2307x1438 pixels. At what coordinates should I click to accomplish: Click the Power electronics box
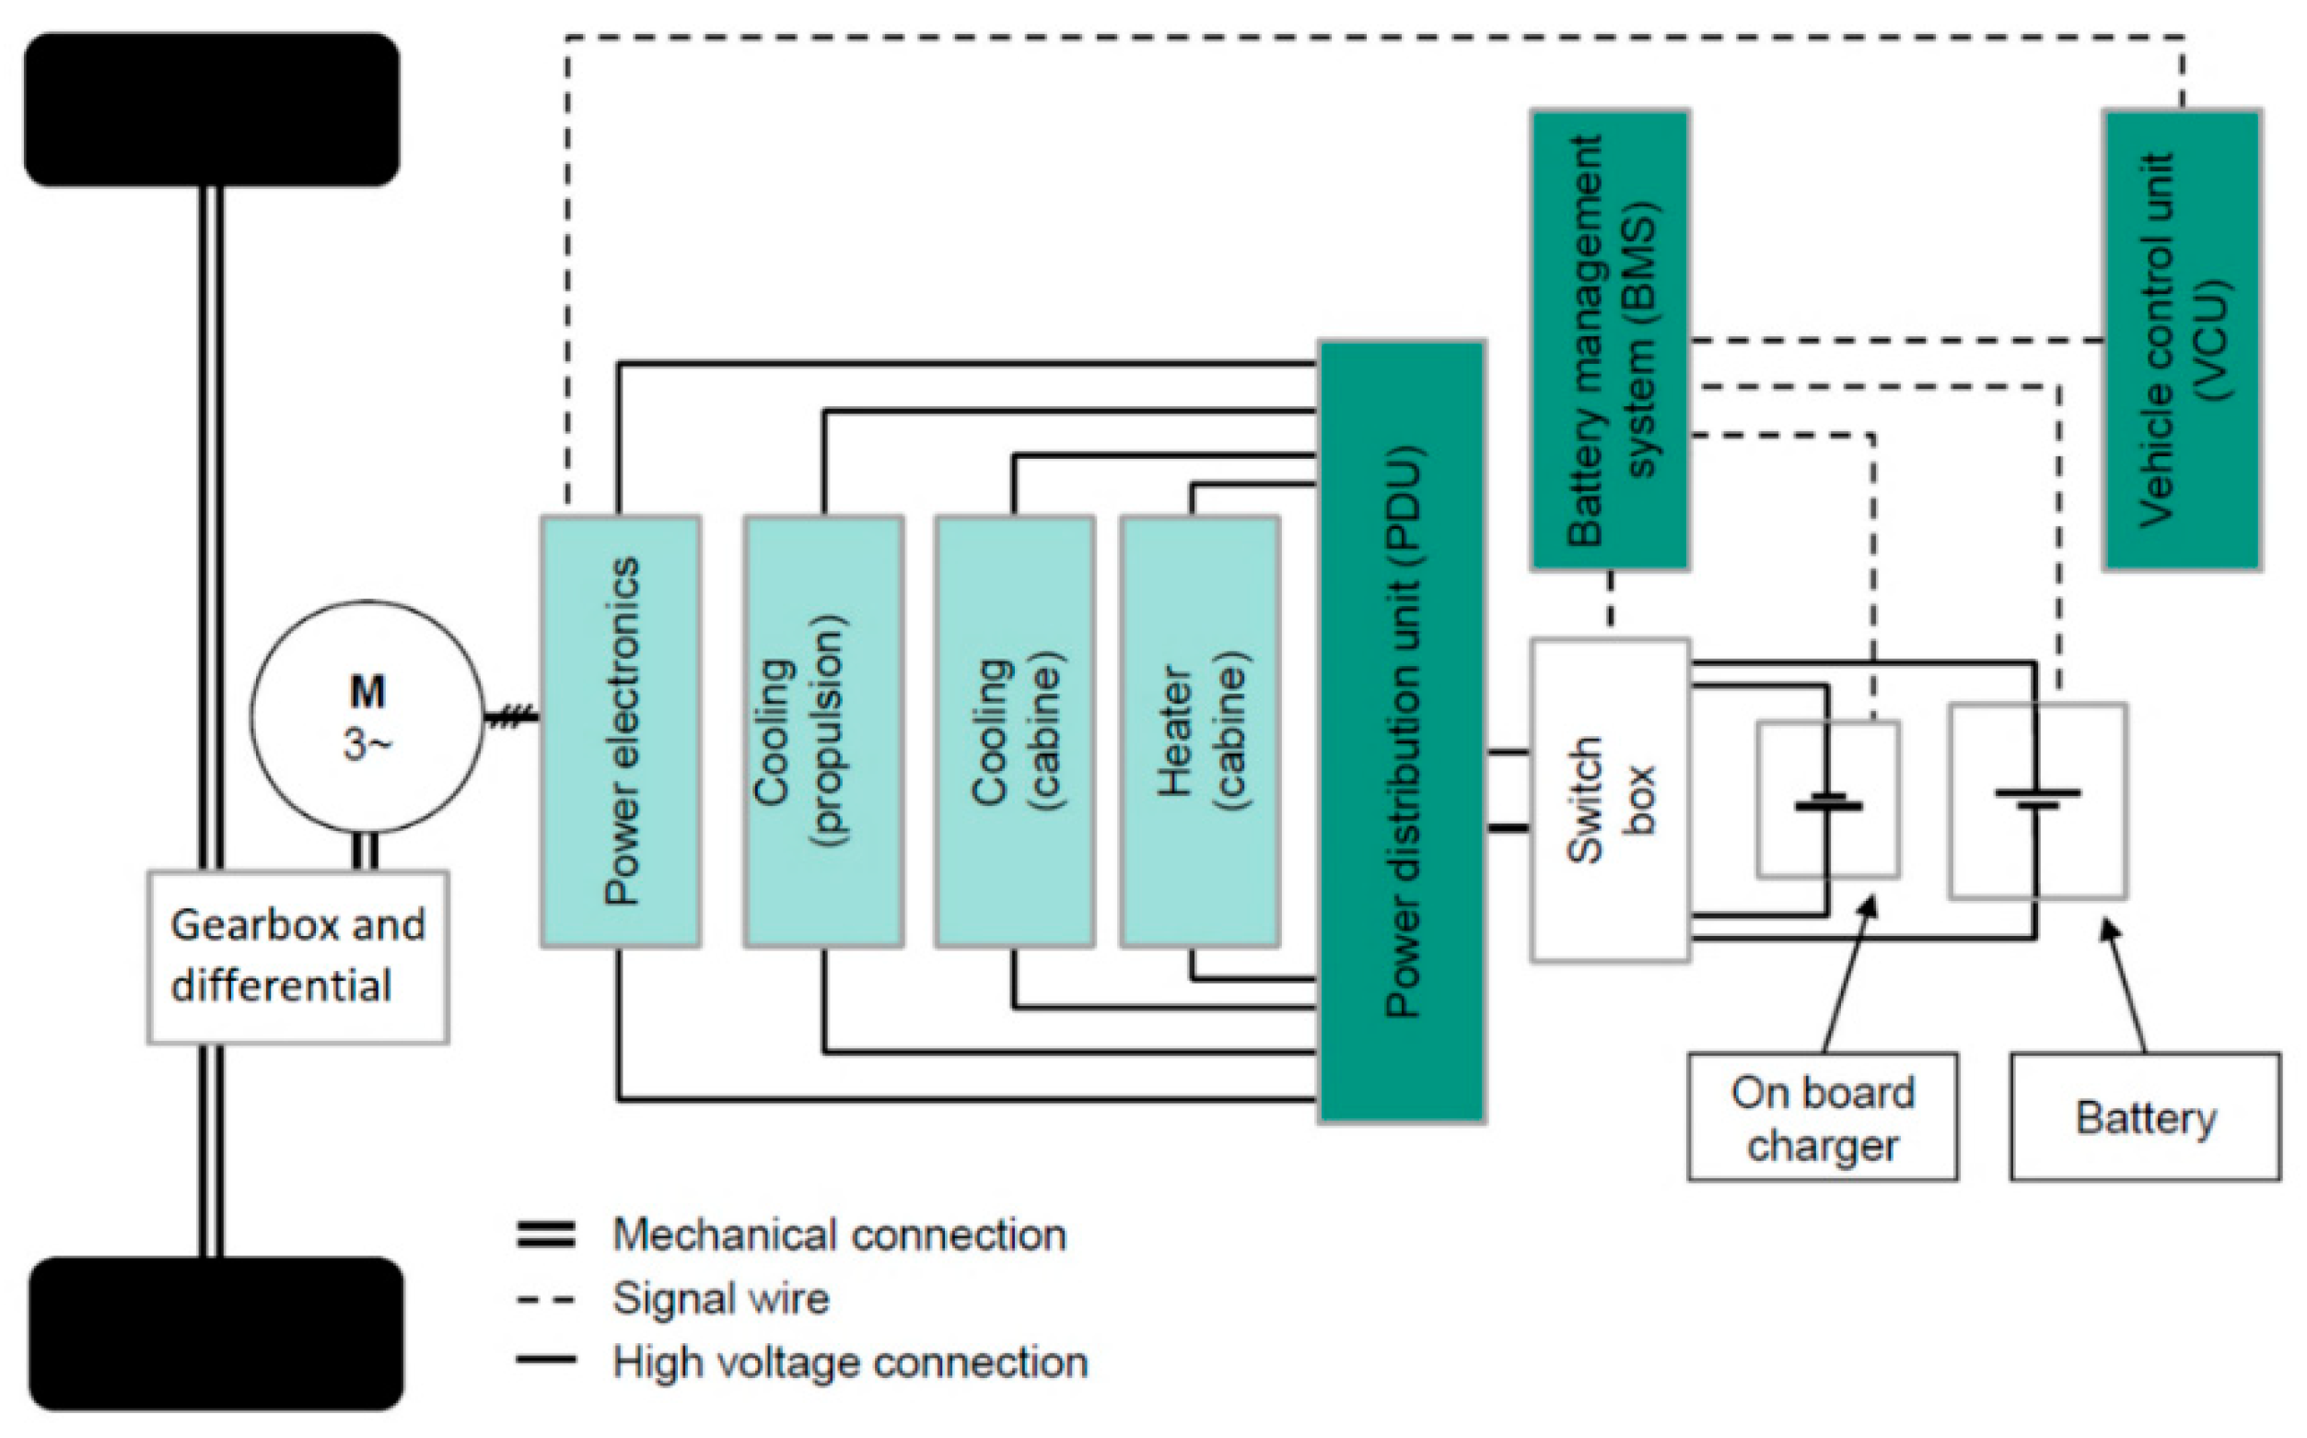[621, 731]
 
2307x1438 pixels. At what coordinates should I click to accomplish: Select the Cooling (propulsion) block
[823, 731]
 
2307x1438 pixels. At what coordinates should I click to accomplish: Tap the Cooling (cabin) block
[1014, 731]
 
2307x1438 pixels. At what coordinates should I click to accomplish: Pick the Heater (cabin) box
[1200, 731]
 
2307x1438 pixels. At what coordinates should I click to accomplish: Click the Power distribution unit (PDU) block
[1401, 731]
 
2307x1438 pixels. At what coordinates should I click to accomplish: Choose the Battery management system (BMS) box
[1609, 340]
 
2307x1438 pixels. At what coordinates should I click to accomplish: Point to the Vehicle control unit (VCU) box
[2182, 340]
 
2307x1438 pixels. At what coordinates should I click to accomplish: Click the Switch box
[1609, 800]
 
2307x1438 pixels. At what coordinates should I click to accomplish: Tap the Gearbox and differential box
[297, 957]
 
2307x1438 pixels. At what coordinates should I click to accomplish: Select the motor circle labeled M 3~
[367, 716]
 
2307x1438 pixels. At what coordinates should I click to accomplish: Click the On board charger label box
[1823, 1117]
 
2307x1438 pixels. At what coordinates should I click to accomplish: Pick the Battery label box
[2145, 1117]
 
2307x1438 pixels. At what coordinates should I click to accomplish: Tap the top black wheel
[211, 110]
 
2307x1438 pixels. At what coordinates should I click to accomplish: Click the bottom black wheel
[216, 1333]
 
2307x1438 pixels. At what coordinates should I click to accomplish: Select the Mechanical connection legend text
[839, 1234]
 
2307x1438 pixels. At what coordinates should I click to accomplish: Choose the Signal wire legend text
[720, 1298]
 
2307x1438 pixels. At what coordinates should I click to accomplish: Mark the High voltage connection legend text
[850, 1362]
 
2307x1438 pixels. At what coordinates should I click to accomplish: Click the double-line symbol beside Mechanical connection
[545, 1234]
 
